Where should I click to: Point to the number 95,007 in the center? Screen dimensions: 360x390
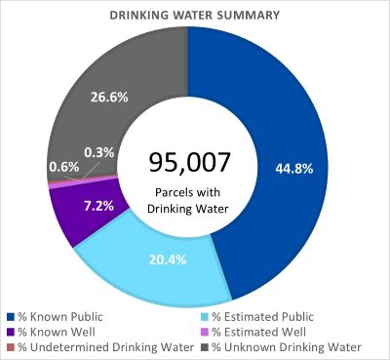tap(186, 160)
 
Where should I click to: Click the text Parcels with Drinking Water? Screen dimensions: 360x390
tap(186, 201)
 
